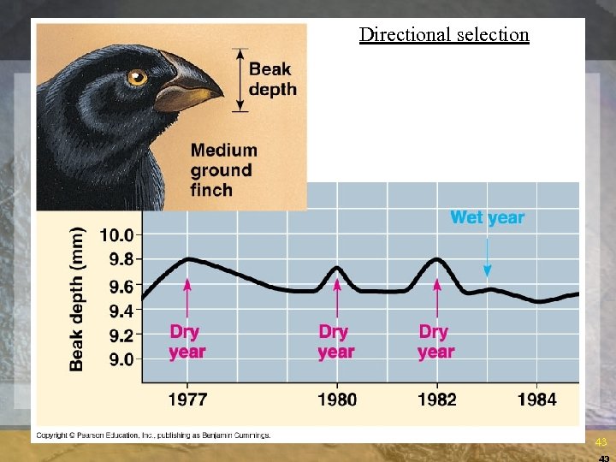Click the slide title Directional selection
point(444,35)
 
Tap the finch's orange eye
point(137,78)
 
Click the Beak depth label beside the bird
point(272,80)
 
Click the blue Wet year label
point(487,217)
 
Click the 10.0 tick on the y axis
point(117,234)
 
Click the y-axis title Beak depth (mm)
point(77,299)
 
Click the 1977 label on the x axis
point(187,400)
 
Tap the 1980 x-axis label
point(336,400)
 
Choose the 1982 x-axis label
point(436,400)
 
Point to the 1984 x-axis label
point(536,400)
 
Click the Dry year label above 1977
point(187,341)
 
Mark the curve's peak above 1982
point(437,258)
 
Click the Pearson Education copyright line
point(152,435)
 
